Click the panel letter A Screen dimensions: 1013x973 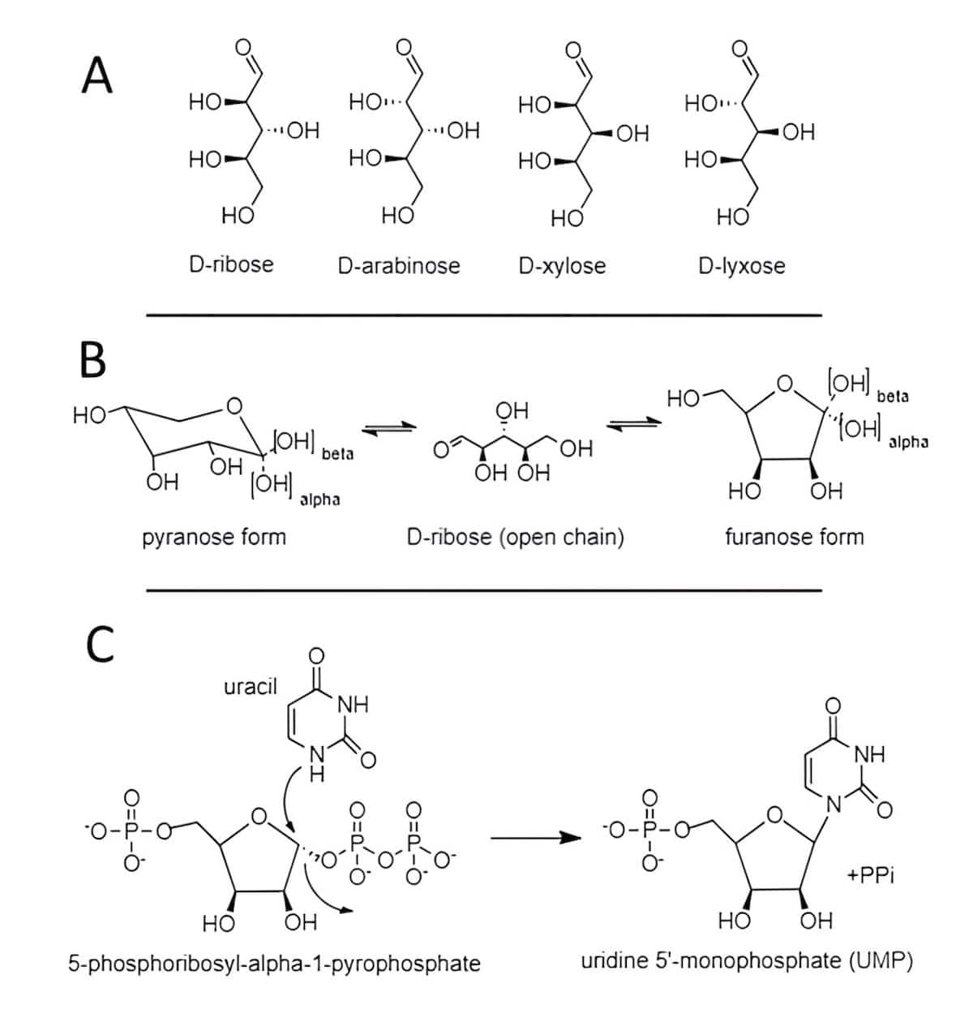point(96,78)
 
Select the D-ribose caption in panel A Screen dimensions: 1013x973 point(231,264)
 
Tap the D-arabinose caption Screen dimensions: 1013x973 point(398,265)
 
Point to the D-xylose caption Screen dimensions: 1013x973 point(562,266)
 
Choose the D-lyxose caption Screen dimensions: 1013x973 point(741,266)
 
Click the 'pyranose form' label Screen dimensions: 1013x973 point(214,536)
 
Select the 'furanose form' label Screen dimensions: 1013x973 point(794,536)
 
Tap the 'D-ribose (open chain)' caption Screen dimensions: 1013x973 point(515,536)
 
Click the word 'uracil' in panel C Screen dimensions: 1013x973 point(250,687)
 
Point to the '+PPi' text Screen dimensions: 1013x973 point(871,876)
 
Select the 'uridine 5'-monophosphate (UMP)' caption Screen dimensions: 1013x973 point(747,962)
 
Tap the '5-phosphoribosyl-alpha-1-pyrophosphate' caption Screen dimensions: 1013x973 point(275,964)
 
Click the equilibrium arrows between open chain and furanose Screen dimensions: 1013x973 point(635,425)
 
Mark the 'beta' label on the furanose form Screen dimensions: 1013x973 point(892,397)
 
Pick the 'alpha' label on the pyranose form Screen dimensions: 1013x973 point(319,500)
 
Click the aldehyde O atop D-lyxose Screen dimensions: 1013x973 point(739,48)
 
